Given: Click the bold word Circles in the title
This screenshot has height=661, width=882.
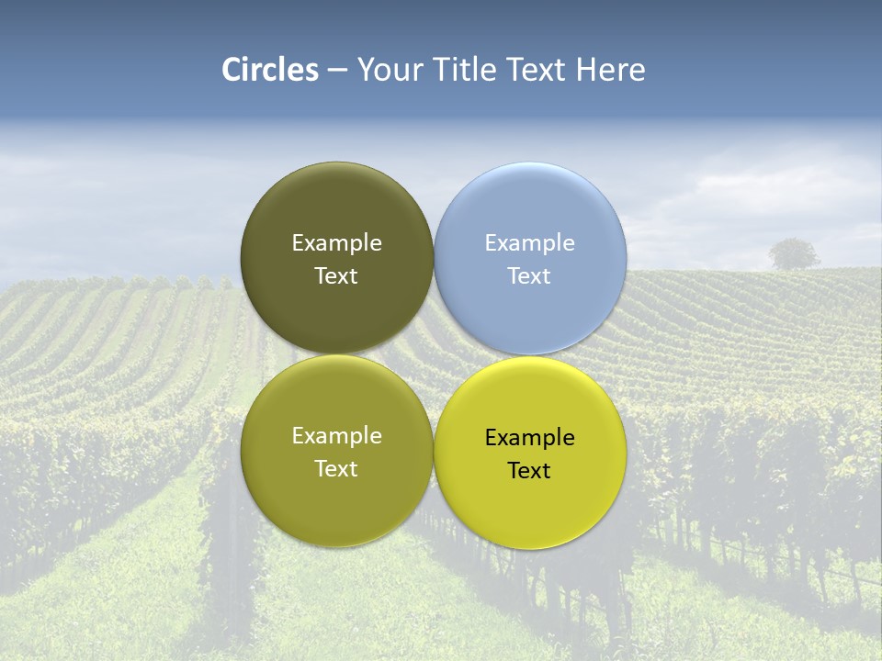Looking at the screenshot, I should pyautogui.click(x=270, y=70).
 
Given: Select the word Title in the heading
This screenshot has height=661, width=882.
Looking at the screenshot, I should pyautogui.click(x=467, y=70).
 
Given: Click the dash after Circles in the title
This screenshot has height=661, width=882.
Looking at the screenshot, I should pyautogui.click(x=337, y=71).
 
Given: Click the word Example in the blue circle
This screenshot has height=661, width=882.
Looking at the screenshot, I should pyautogui.click(x=529, y=243).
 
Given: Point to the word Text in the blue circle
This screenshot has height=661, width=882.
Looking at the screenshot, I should pyautogui.click(x=529, y=276).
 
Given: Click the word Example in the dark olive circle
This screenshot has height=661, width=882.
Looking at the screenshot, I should pyautogui.click(x=336, y=243).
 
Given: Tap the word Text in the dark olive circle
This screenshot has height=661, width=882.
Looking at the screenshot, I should pyautogui.click(x=336, y=276).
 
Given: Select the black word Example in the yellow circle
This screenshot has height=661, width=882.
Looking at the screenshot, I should pyautogui.click(x=529, y=438).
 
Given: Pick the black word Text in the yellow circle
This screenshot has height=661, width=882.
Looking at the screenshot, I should pyautogui.click(x=529, y=471).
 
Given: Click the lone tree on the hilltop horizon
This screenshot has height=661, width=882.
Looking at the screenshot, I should pyautogui.click(x=794, y=253).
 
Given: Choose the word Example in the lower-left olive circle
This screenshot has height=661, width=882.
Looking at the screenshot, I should pyautogui.click(x=336, y=436).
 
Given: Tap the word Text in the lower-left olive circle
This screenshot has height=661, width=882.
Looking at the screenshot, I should pyautogui.click(x=336, y=469).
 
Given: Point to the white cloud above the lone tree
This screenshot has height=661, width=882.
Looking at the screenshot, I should pyautogui.click(x=781, y=184).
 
